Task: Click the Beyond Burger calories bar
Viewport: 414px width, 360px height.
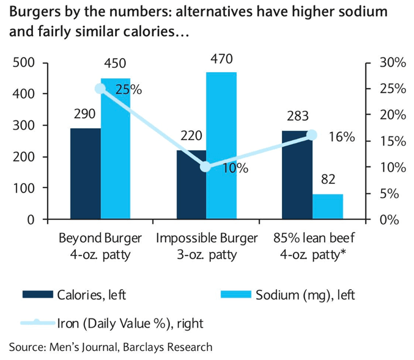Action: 86,174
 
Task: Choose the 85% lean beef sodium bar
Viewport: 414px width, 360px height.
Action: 327,207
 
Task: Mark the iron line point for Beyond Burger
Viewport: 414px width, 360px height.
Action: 101,89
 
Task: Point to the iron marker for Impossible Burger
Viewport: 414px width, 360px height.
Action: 206,167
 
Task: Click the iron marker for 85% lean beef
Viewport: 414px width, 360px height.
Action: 312,135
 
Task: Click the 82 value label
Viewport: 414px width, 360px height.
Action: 328,181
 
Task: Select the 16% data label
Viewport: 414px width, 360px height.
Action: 341,137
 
